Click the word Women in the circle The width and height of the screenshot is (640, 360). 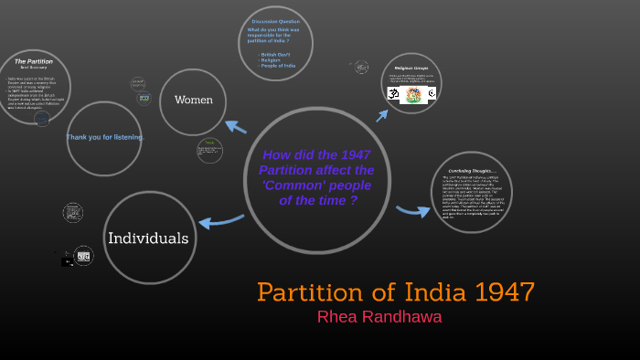(x=193, y=100)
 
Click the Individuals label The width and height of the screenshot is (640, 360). (x=148, y=238)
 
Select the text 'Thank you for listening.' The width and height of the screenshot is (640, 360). (x=104, y=137)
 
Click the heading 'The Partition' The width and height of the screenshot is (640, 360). (x=34, y=61)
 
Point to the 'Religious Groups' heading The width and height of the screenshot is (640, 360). (x=411, y=68)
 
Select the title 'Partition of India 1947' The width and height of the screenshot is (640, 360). (x=395, y=292)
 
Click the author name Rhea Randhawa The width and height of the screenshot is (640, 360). (x=379, y=317)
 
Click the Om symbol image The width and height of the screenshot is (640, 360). (x=393, y=93)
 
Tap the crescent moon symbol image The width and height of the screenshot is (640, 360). (x=431, y=93)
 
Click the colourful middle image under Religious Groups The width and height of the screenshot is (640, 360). (x=413, y=94)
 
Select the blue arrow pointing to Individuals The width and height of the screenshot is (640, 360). (x=220, y=220)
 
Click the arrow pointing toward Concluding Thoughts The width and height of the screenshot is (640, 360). (x=413, y=211)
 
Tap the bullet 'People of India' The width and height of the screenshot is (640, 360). (x=278, y=67)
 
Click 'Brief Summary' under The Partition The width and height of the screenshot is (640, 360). (x=34, y=68)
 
